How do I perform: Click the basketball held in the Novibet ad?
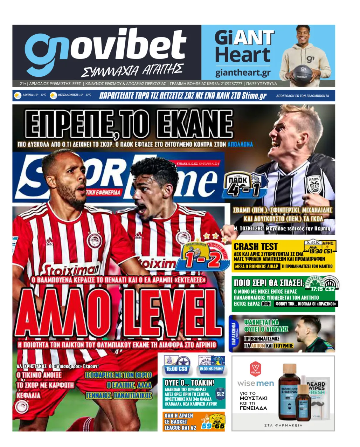pos(303,73)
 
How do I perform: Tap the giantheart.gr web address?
pos(243,73)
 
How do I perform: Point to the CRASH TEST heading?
pos(256,246)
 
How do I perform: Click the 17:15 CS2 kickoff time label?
pos(323,289)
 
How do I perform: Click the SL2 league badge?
pos(220,394)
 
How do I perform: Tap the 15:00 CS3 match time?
pos(177,369)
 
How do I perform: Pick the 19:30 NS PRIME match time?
pos(211,369)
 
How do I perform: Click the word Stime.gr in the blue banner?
pos(254,96)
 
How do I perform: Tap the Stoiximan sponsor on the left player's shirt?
pos(70,270)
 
